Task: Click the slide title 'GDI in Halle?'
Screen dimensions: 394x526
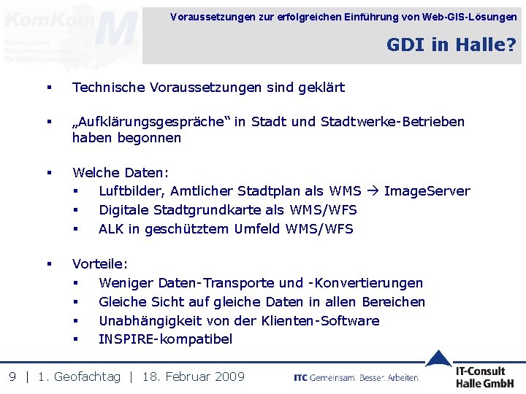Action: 451,45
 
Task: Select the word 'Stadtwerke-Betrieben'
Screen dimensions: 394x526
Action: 392,122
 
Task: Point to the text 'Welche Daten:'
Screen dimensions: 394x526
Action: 121,173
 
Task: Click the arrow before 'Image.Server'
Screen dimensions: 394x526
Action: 373,191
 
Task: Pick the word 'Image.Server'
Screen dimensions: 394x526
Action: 427,191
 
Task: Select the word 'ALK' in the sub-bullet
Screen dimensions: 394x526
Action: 112,229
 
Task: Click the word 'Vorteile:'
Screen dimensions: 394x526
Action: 100,264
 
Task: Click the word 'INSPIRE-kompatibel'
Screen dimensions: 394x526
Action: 165,339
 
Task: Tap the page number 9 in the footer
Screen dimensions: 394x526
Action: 12,376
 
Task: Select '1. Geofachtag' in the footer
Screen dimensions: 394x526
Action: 79,376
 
